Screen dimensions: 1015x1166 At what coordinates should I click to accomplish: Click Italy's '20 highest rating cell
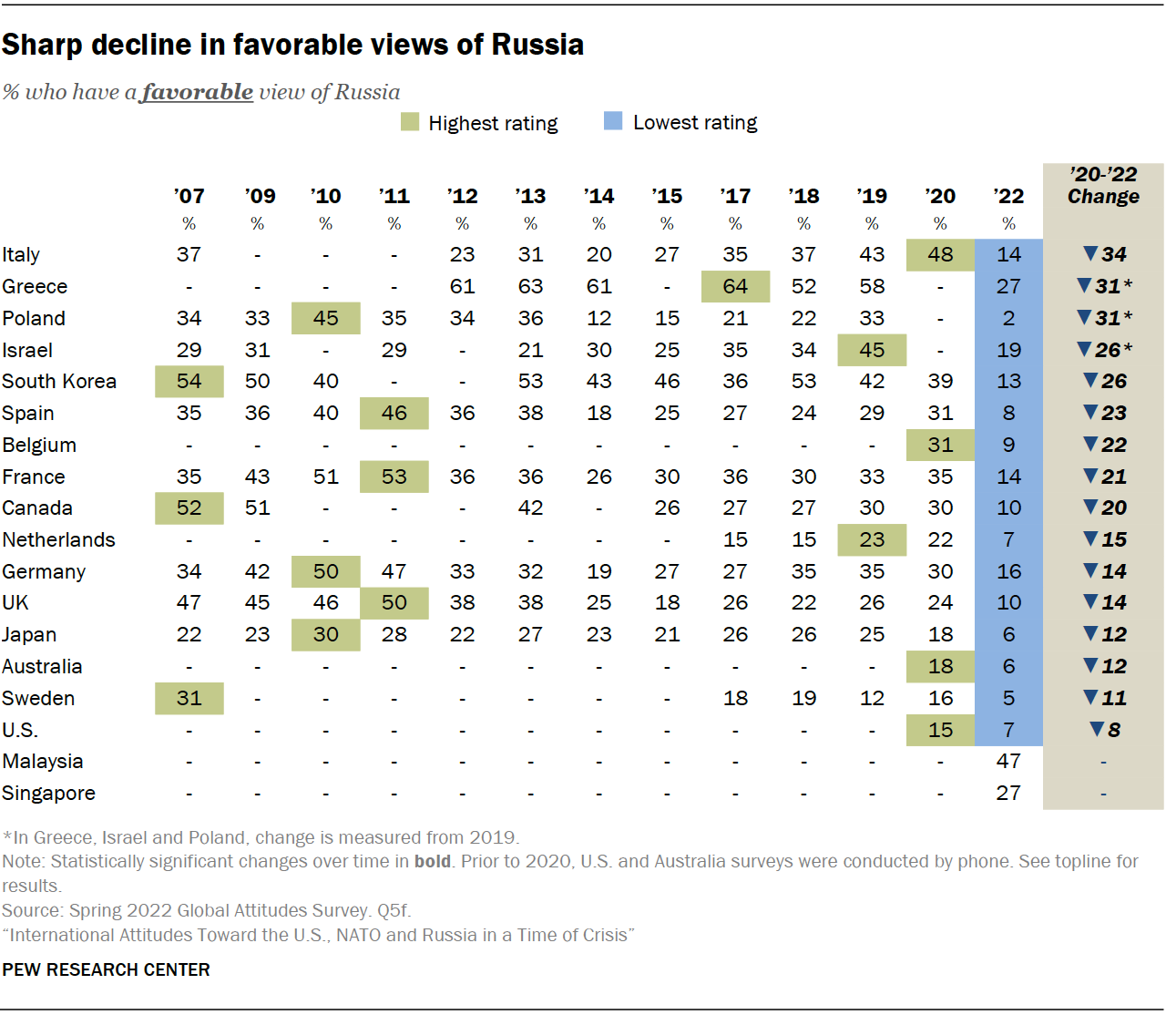click(x=940, y=255)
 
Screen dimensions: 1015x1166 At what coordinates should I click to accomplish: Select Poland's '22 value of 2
click(x=1008, y=318)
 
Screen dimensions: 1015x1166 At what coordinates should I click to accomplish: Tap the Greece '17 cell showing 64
click(x=735, y=286)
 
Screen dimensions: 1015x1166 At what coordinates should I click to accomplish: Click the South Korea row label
click(x=59, y=382)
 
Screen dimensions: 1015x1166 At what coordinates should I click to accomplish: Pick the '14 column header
click(x=598, y=196)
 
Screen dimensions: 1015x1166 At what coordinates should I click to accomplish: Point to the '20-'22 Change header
click(x=1103, y=185)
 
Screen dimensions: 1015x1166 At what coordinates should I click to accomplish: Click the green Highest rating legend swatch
click(x=410, y=122)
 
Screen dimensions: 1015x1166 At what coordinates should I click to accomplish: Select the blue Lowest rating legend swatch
click(x=613, y=121)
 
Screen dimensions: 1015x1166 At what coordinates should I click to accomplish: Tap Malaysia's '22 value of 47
click(x=1008, y=762)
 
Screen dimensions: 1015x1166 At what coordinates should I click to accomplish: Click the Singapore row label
click(x=48, y=794)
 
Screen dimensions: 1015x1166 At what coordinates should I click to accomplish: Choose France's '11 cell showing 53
click(x=394, y=477)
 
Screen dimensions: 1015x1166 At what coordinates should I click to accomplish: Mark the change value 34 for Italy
click(x=1104, y=254)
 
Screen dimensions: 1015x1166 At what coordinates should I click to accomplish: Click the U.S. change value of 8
click(x=1105, y=730)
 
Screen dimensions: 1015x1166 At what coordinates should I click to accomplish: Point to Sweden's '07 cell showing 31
click(x=189, y=698)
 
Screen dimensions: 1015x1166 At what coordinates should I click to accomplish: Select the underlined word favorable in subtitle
click(x=197, y=92)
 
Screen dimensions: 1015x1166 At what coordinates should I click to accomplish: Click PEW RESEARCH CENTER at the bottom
click(x=106, y=969)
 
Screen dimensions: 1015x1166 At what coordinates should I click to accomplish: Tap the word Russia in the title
click(x=537, y=45)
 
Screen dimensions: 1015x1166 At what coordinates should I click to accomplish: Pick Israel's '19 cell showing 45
click(x=872, y=350)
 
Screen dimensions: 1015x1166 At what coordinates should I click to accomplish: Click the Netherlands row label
click(x=58, y=540)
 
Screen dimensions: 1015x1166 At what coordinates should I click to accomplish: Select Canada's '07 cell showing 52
click(x=189, y=508)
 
